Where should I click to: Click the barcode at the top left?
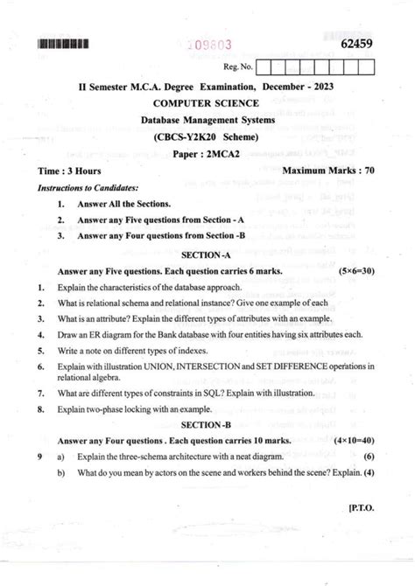click(64, 41)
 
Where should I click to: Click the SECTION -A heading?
click(207, 254)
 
